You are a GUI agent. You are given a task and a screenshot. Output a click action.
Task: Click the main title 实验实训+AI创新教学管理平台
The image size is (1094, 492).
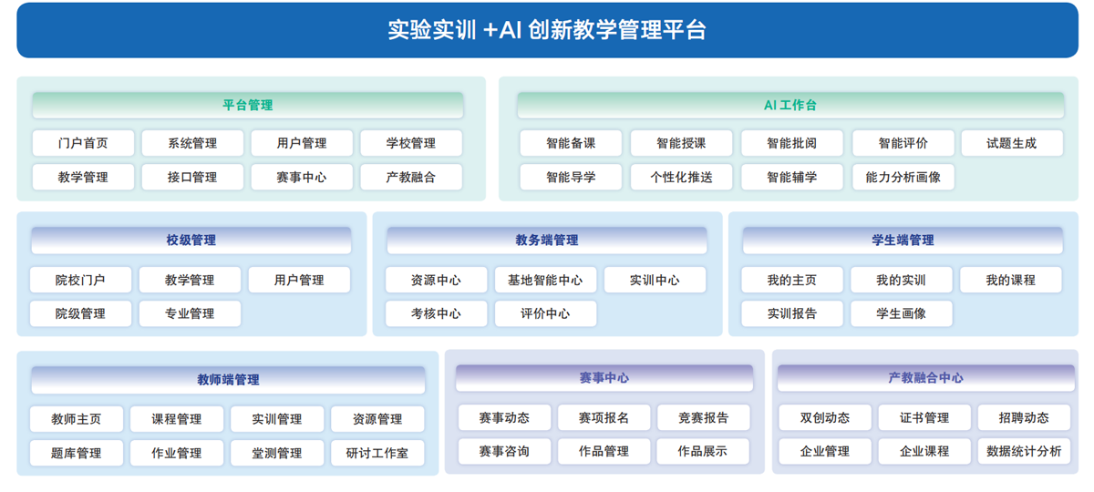point(547,30)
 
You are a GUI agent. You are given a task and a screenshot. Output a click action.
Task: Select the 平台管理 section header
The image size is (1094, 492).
point(248,105)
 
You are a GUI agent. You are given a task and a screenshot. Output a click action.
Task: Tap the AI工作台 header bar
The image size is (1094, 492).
point(790,105)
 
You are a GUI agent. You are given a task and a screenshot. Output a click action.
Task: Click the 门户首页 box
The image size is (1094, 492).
point(83,143)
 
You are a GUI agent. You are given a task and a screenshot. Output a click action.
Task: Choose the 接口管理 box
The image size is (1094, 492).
point(192,177)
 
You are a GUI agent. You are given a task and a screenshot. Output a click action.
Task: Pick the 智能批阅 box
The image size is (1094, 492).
point(791,143)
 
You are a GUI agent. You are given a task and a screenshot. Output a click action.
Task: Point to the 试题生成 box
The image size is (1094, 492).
point(1012,143)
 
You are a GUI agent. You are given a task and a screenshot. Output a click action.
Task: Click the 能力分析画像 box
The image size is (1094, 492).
point(903,177)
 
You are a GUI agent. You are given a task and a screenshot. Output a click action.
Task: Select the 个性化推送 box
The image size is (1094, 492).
point(681,177)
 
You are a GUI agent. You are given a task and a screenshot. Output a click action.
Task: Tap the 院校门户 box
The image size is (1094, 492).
point(80,280)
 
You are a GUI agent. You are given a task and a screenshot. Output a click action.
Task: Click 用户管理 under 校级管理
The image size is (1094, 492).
point(299,280)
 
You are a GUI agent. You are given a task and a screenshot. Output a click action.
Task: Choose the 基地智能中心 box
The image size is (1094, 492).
point(545,280)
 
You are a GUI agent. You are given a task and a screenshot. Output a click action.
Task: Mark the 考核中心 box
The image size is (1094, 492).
point(436,313)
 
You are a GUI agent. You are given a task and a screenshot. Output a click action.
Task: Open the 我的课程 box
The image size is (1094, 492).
point(1010,280)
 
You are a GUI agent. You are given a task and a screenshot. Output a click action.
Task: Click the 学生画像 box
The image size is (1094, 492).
point(901,313)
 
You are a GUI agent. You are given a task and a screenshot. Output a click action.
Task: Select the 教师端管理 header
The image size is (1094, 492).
point(228,380)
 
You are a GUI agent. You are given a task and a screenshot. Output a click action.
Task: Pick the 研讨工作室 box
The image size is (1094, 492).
point(377,453)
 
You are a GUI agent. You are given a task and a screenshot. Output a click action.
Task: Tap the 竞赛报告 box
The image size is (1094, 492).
point(703,418)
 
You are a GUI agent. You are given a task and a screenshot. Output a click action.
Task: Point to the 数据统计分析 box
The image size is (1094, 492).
point(1024,451)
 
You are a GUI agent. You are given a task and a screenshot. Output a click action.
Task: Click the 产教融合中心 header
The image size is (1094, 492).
point(926,378)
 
